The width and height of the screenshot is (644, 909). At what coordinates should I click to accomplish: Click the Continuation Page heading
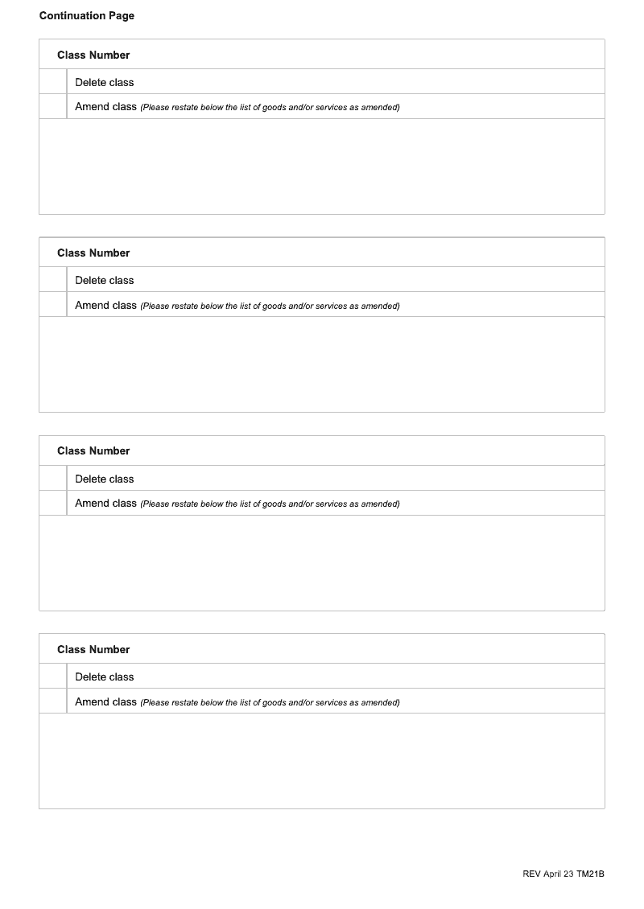(87, 16)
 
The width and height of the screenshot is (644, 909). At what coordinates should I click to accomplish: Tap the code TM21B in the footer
(590, 874)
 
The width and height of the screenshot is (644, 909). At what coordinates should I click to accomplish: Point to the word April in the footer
(555, 874)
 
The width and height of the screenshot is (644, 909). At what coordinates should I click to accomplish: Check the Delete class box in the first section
(53, 82)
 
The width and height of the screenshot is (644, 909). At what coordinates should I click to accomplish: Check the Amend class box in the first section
(53, 107)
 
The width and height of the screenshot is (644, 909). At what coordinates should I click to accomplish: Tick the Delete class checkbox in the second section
(53, 280)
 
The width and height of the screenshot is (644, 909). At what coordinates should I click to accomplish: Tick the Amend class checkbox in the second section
(53, 305)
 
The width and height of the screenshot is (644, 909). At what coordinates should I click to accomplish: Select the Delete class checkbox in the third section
(53, 479)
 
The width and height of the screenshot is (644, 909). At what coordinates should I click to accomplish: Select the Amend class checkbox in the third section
(53, 504)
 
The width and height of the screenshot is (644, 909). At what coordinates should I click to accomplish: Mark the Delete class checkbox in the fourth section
(53, 677)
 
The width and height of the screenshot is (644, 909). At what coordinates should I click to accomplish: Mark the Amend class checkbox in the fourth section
(53, 701)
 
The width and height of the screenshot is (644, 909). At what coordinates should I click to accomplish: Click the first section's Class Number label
(93, 55)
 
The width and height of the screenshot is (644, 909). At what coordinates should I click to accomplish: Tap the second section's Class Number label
(93, 253)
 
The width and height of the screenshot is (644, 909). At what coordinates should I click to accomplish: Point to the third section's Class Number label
(93, 451)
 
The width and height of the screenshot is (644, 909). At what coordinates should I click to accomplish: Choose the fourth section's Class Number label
(93, 649)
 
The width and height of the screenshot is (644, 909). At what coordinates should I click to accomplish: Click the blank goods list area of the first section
(322, 167)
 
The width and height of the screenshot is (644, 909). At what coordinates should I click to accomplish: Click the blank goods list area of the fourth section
(322, 761)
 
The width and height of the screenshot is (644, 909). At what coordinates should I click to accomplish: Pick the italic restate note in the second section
(270, 306)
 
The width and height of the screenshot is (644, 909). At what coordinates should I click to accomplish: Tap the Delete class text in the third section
(105, 479)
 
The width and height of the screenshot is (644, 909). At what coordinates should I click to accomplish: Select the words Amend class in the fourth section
(105, 701)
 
